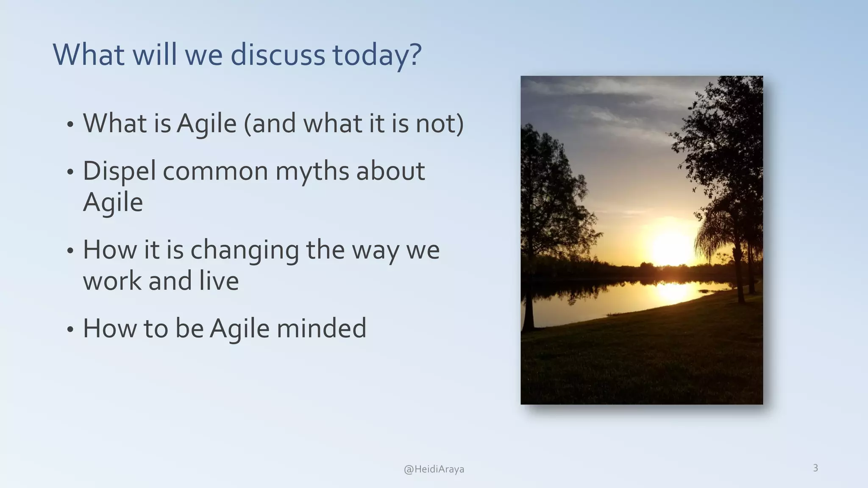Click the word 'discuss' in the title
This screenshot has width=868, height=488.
(x=277, y=55)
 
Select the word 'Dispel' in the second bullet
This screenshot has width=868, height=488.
(x=119, y=172)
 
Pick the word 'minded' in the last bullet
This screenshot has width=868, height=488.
(x=321, y=328)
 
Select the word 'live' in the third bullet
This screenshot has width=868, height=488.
(x=219, y=281)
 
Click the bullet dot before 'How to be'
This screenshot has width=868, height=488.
(x=70, y=330)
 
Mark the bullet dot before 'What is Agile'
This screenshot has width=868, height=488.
(x=70, y=125)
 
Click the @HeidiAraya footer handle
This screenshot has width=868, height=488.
(x=434, y=469)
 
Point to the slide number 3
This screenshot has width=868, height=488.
(x=815, y=468)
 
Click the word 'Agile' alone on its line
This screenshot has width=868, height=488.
(x=113, y=202)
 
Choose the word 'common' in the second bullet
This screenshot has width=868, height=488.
(x=215, y=172)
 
